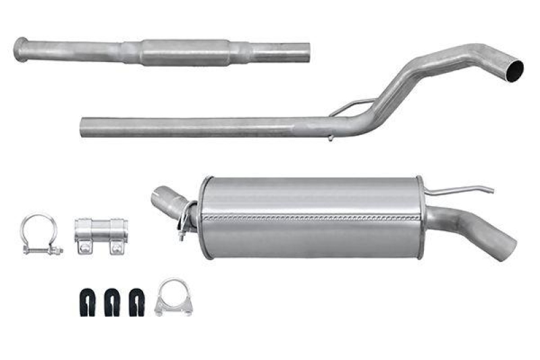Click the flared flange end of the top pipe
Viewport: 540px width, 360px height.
click(x=20, y=50)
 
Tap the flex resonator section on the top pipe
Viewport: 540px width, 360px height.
click(x=184, y=52)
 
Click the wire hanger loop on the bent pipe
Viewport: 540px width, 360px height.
click(x=351, y=107)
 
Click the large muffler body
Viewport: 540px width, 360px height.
click(x=310, y=216)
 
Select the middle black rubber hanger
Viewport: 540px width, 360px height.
click(x=113, y=303)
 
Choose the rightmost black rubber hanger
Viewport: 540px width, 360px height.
click(x=136, y=303)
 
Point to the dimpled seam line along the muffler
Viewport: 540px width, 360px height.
click(x=310, y=219)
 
